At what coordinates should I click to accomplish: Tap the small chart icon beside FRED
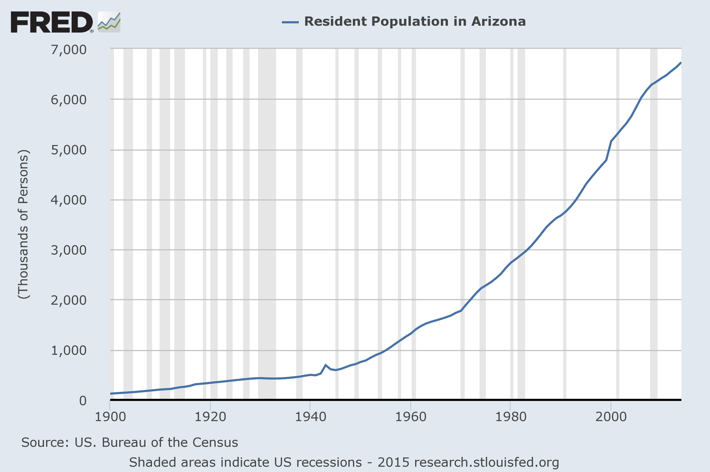pyautogui.click(x=109, y=22)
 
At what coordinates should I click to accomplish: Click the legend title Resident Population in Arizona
pyautogui.click(x=415, y=22)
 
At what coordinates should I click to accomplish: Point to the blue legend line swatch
pyautogui.click(x=290, y=22)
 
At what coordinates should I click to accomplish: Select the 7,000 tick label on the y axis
pyautogui.click(x=69, y=50)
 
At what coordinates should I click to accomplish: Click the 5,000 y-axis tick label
pyautogui.click(x=69, y=150)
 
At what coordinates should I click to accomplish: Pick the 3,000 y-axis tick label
pyautogui.click(x=69, y=250)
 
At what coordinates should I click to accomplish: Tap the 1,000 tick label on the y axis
pyautogui.click(x=69, y=350)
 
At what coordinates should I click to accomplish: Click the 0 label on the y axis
pyautogui.click(x=83, y=401)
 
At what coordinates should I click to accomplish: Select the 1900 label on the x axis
pyautogui.click(x=110, y=417)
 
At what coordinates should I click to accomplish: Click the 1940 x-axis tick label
pyautogui.click(x=310, y=417)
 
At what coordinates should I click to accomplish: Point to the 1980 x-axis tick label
pyautogui.click(x=511, y=417)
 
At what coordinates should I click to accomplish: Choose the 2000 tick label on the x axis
pyautogui.click(x=611, y=417)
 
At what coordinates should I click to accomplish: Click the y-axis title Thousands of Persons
pyautogui.click(x=24, y=224)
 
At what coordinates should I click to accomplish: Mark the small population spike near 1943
pyautogui.click(x=325, y=365)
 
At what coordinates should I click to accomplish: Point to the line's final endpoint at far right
pyautogui.click(x=681, y=63)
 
